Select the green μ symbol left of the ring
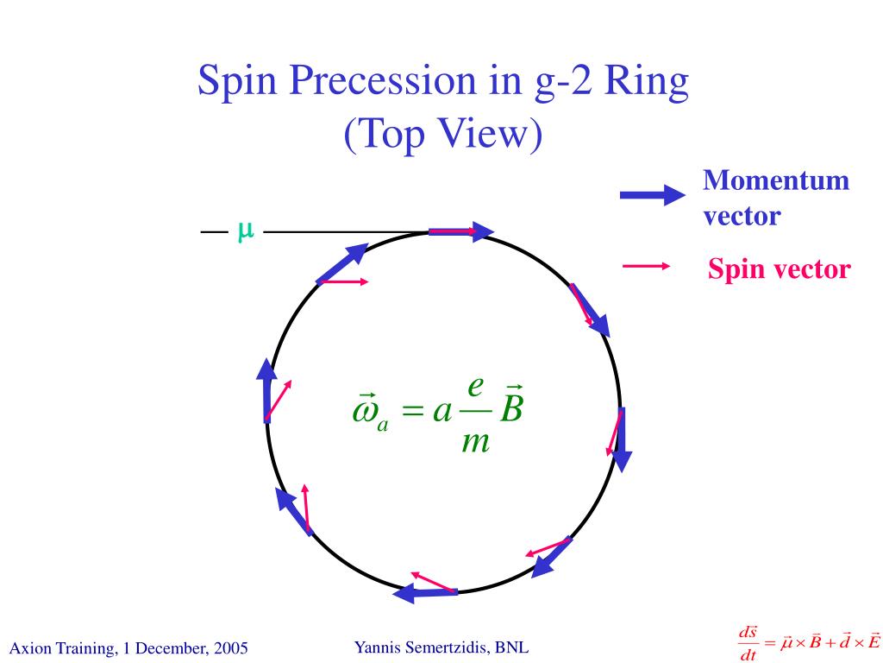[245, 230]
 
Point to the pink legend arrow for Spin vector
[646, 267]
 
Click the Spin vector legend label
[779, 269]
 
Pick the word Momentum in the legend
[776, 181]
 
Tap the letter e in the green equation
[474, 385]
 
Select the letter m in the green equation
[475, 441]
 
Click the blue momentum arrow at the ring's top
[460, 231]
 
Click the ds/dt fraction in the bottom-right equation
[748, 644]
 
